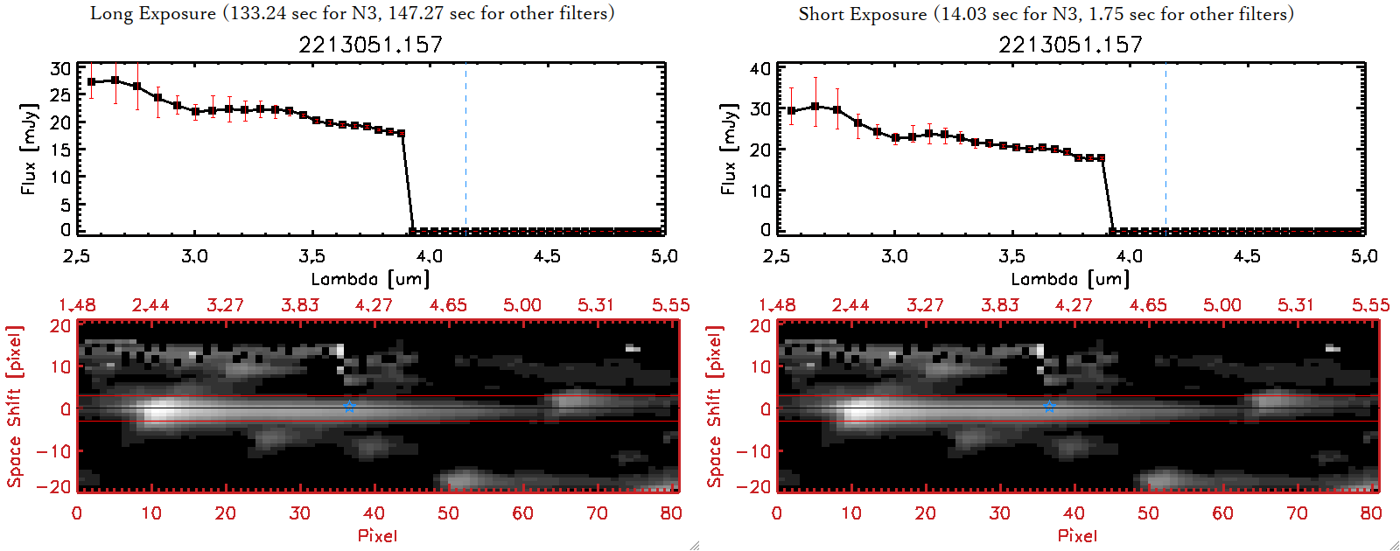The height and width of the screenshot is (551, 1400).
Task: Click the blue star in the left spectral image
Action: coord(349,407)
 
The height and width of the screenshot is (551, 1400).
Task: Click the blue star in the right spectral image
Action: coord(1049,407)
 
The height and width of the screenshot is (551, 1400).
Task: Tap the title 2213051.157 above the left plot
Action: coord(371,45)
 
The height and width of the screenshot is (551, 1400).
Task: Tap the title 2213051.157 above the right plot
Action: coord(1071,45)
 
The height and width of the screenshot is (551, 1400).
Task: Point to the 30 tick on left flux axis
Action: coord(60,68)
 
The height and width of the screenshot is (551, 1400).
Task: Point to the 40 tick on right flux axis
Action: coord(760,68)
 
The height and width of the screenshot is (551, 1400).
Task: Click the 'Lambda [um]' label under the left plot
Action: coord(370,279)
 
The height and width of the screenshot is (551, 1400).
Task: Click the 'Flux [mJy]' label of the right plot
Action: coord(728,149)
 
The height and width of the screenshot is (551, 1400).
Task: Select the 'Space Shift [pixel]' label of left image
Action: coord(14,407)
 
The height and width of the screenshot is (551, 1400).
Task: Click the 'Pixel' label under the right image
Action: coord(1077,535)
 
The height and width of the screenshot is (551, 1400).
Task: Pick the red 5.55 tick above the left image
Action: coord(670,305)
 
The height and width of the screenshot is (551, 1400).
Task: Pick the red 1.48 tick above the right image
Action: coord(777,305)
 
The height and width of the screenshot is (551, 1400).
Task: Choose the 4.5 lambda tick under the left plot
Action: coord(547,256)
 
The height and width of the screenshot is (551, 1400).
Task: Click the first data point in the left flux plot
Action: coord(91,82)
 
